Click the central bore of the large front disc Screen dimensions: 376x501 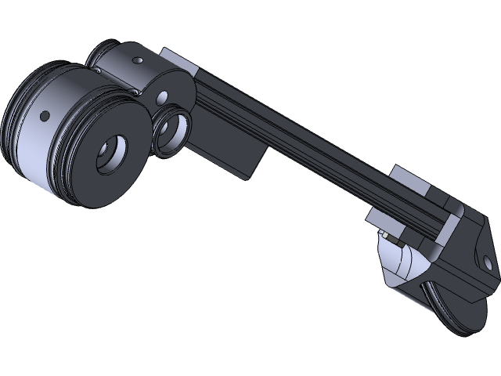pos(112,154)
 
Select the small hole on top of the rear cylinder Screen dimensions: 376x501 pos(138,60)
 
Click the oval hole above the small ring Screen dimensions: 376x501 pos(163,98)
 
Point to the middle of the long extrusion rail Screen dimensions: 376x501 pos(313,149)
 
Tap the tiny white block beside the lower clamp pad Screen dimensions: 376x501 pos(387,234)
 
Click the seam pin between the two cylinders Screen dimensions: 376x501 pos(97,71)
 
